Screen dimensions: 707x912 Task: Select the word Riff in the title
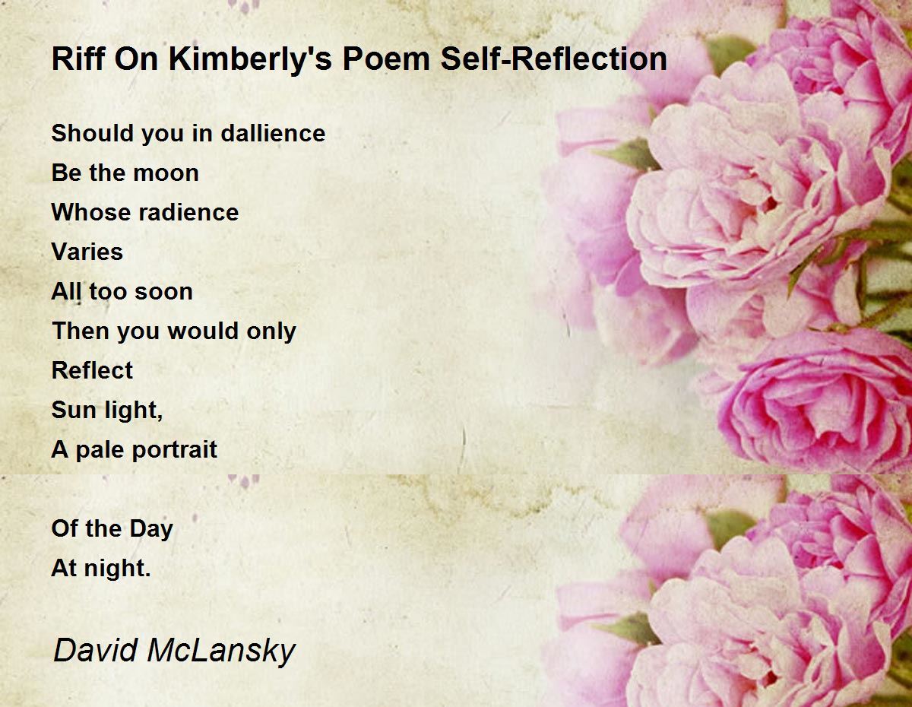74,59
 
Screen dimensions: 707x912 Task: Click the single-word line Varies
87,252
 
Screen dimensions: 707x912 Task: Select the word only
269,331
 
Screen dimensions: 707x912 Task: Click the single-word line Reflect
92,370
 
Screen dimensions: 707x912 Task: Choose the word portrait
175,449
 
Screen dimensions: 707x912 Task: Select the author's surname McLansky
220,651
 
